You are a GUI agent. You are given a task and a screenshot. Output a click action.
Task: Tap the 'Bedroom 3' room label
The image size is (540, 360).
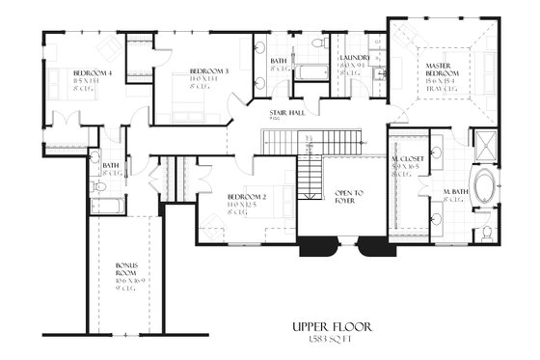pos(208,72)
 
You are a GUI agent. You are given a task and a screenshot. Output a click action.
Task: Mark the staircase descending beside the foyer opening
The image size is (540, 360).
pos(309,176)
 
